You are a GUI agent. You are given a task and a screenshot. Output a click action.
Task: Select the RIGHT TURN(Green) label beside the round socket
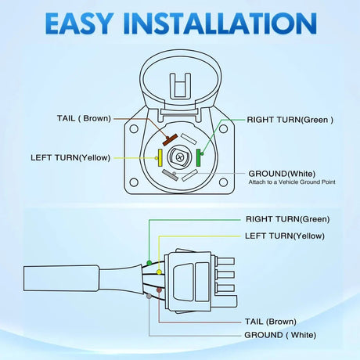pos(290,120)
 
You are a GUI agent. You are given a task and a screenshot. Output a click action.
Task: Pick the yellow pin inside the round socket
pos(160,156)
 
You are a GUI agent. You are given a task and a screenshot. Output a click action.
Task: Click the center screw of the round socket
pos(180,157)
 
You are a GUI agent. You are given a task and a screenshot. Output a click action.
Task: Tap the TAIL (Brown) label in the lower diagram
pos(270,321)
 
